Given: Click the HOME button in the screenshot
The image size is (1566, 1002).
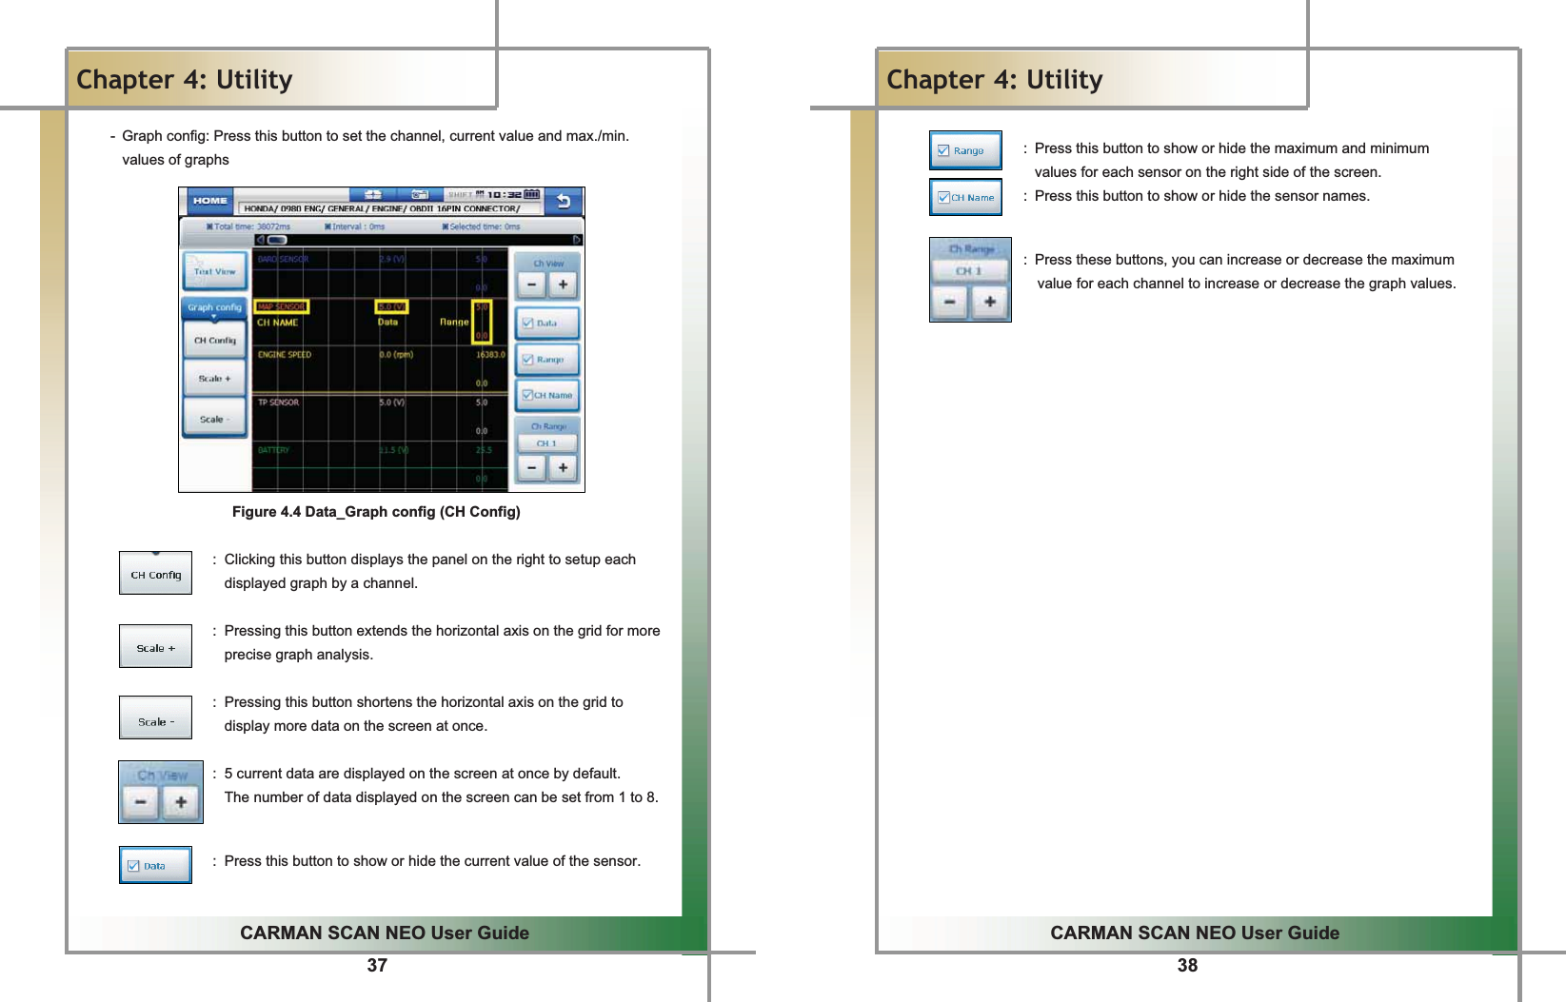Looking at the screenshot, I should point(209,201).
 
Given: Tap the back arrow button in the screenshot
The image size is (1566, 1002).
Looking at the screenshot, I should point(564,201).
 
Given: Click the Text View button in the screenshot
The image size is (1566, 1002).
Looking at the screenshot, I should point(214,271).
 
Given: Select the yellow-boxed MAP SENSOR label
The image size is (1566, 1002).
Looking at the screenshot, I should point(282,306).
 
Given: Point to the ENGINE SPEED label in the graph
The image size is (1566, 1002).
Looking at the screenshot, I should point(285,354).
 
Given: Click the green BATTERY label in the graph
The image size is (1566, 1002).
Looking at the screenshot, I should point(273,450).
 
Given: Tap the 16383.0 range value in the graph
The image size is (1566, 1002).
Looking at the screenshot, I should point(489,354).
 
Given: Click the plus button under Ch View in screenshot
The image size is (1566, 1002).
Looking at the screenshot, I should point(563,285).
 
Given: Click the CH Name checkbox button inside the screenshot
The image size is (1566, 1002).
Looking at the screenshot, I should point(547,395).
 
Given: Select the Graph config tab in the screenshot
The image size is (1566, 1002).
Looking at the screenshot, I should point(214,307).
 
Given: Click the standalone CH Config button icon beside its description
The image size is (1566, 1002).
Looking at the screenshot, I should point(155,574).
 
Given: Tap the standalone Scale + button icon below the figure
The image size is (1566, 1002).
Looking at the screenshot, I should point(155,647).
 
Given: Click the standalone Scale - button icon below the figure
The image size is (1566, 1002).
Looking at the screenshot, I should point(155,719).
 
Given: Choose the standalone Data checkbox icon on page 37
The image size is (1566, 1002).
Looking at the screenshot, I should point(155,865).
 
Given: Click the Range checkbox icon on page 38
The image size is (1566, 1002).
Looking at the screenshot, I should point(965,150).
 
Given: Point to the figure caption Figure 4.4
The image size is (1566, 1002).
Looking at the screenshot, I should point(376,512).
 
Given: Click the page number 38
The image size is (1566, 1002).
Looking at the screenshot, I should point(1187,966).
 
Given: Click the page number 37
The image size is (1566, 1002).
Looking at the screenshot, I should point(377,966).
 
